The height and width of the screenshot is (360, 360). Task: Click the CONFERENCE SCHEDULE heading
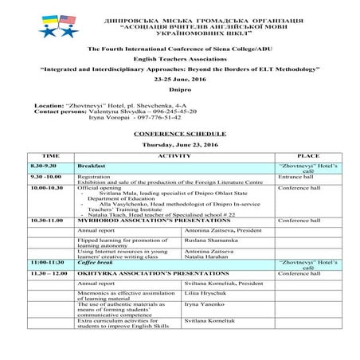click(x=179, y=133)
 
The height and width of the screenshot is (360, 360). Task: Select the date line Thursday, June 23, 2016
click(x=179, y=146)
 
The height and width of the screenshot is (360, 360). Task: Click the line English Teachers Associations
click(x=180, y=59)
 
